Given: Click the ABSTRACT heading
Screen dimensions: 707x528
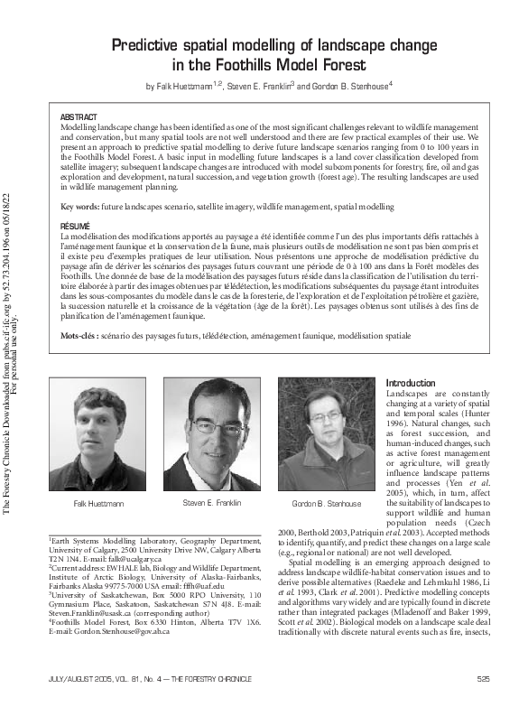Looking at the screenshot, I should [79, 118].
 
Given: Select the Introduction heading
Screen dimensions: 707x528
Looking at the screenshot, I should [411, 383].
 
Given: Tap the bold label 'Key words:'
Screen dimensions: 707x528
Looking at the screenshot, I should [79, 207].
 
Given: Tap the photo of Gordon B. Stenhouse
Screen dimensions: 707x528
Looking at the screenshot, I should [327, 435].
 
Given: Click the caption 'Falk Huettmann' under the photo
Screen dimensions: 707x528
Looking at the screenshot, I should [99, 503].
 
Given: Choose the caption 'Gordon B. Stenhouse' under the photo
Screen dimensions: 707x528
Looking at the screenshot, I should [328, 503].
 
